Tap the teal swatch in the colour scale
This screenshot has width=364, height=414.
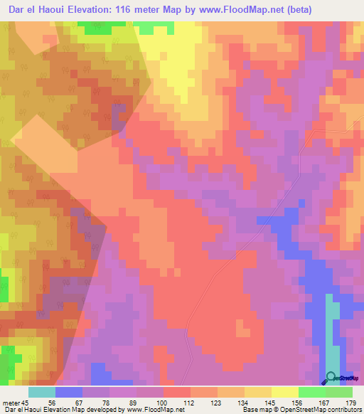42,392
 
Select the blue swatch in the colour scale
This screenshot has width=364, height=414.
69,392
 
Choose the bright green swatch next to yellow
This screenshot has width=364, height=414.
312,392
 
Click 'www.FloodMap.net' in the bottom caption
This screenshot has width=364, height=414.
154,410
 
